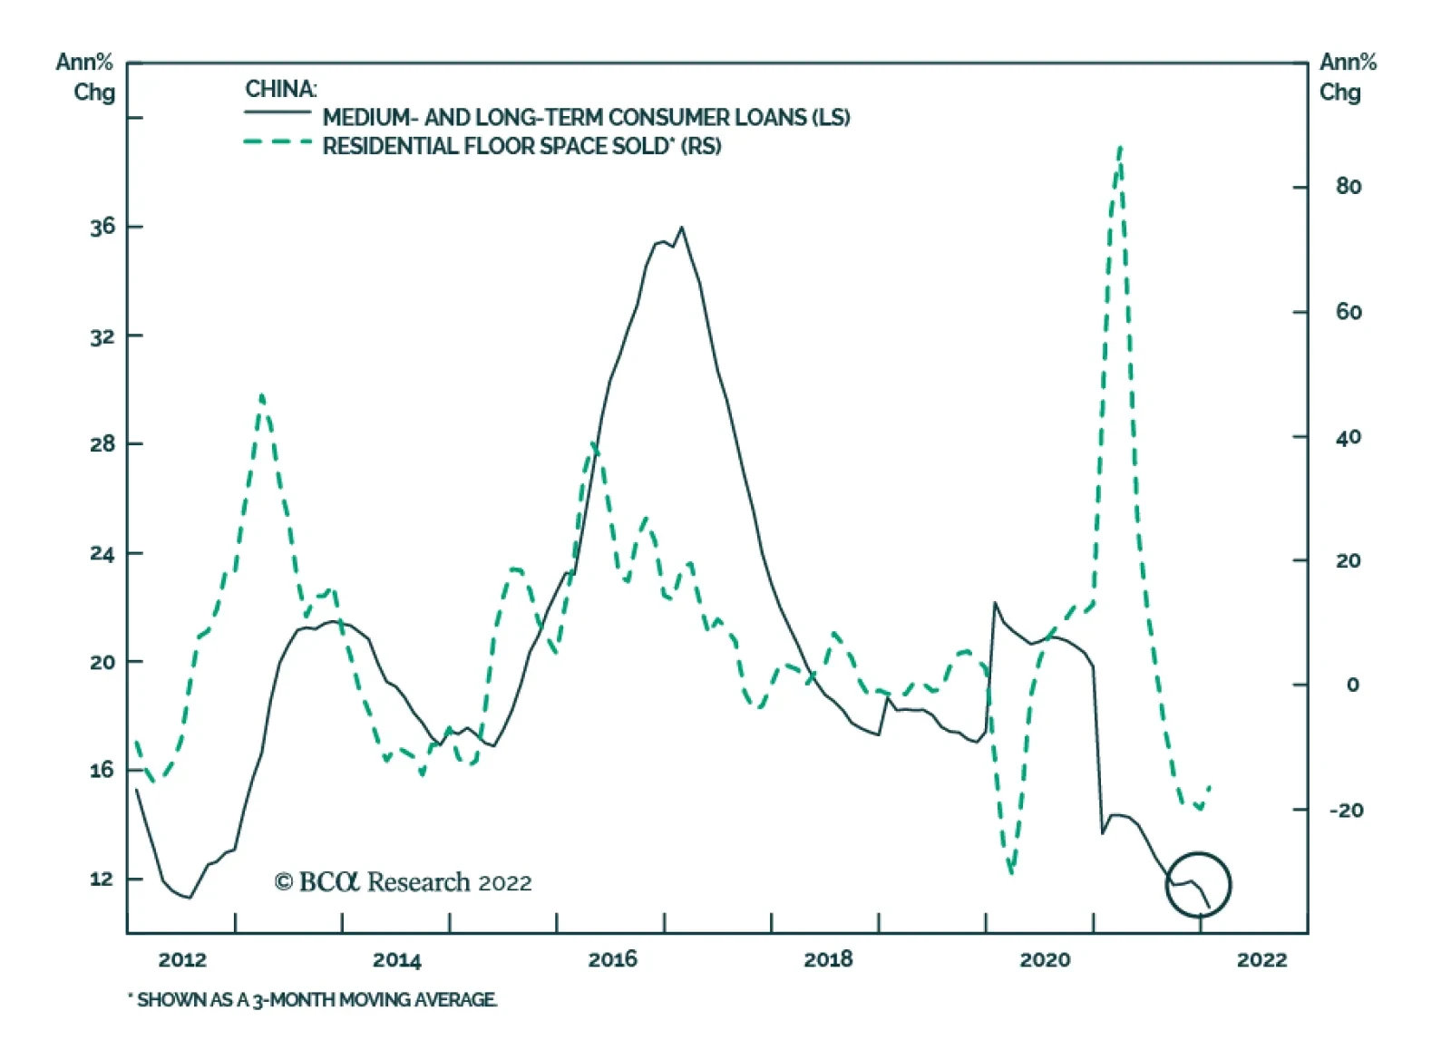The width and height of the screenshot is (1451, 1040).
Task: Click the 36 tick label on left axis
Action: (102, 227)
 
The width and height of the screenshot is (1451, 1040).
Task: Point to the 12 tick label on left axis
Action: (102, 879)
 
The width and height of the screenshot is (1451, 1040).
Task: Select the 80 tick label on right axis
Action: (1349, 187)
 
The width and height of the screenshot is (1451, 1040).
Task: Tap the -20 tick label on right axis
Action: (1346, 811)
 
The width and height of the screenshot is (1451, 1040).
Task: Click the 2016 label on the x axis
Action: (612, 959)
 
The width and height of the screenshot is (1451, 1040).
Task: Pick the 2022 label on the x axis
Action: (1261, 960)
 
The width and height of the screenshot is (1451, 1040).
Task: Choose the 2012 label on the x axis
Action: (182, 959)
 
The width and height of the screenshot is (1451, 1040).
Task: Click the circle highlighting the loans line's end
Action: (1198, 884)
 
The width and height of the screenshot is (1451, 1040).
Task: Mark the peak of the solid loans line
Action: (682, 228)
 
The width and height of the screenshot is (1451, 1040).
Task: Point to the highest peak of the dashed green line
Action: (1121, 147)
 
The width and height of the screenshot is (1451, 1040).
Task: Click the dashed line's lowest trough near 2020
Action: (1011, 872)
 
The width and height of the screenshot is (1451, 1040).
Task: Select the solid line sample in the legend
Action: (278, 112)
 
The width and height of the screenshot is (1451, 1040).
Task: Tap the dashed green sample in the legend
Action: (278, 142)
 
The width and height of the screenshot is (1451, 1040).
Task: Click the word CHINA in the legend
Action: (280, 89)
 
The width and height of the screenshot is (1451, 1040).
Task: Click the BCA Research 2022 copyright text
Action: (403, 882)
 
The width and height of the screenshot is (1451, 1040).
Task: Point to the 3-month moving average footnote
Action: (313, 1000)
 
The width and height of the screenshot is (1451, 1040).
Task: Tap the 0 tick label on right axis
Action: (1352, 685)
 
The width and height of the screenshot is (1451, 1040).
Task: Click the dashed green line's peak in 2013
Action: (261, 395)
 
